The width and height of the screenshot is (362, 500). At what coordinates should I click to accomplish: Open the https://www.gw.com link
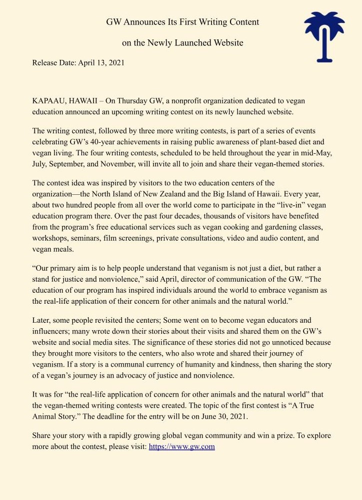182,447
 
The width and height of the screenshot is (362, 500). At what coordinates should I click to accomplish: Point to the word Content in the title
242,22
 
